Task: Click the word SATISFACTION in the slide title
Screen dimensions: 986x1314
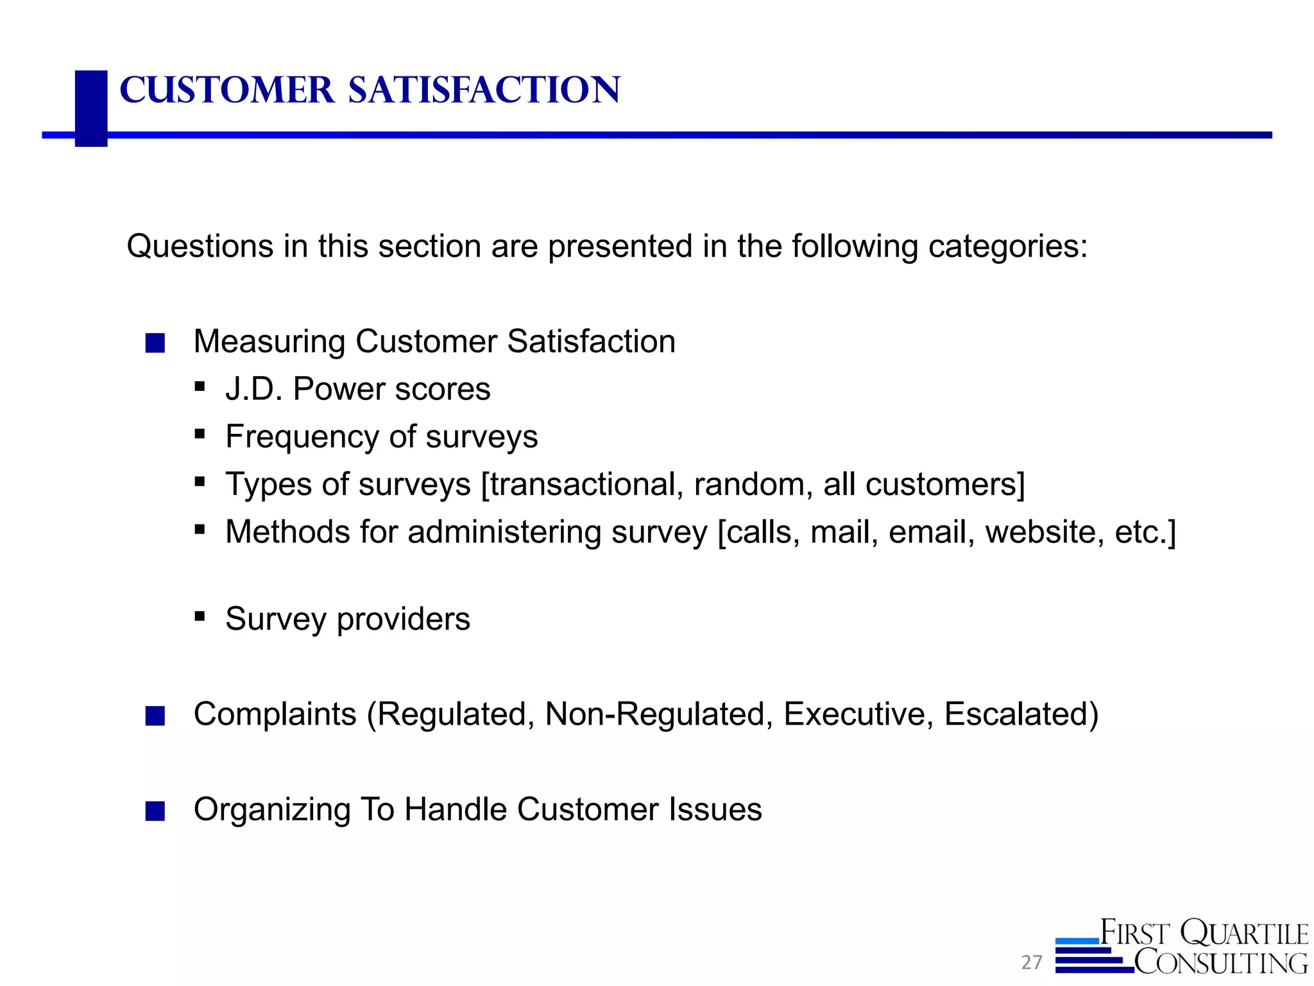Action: click(484, 90)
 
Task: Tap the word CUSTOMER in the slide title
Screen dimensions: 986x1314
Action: click(227, 90)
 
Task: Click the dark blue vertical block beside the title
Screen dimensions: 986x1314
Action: click(91, 108)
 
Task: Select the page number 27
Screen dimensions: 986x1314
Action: click(1032, 962)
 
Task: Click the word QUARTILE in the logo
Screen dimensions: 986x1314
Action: click(1244, 933)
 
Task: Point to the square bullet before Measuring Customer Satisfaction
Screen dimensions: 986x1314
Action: click(155, 343)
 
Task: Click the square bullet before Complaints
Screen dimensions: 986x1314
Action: click(155, 716)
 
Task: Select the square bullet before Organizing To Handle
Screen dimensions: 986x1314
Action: click(155, 811)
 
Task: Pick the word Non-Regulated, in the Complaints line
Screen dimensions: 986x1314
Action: click(659, 714)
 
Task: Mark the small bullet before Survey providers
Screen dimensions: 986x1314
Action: click(200, 616)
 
